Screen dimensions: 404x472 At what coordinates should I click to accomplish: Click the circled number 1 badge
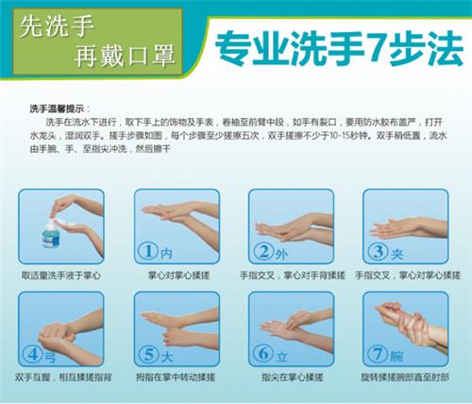[147, 251]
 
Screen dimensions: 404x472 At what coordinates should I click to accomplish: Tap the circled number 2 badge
[263, 251]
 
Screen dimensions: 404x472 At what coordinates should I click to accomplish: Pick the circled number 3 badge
[379, 251]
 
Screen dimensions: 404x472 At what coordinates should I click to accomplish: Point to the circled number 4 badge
[33, 355]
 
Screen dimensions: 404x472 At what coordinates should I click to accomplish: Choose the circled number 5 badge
[148, 355]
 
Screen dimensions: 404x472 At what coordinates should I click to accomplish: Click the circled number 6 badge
[263, 355]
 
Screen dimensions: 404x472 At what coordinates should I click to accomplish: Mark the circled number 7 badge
[379, 355]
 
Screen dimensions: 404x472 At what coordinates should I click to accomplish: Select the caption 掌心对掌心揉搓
[177, 276]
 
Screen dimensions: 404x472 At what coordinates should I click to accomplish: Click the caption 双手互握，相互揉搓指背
[61, 379]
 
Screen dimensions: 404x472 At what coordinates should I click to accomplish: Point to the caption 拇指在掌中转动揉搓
[177, 379]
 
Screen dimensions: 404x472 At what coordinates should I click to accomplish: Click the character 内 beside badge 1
[166, 253]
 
